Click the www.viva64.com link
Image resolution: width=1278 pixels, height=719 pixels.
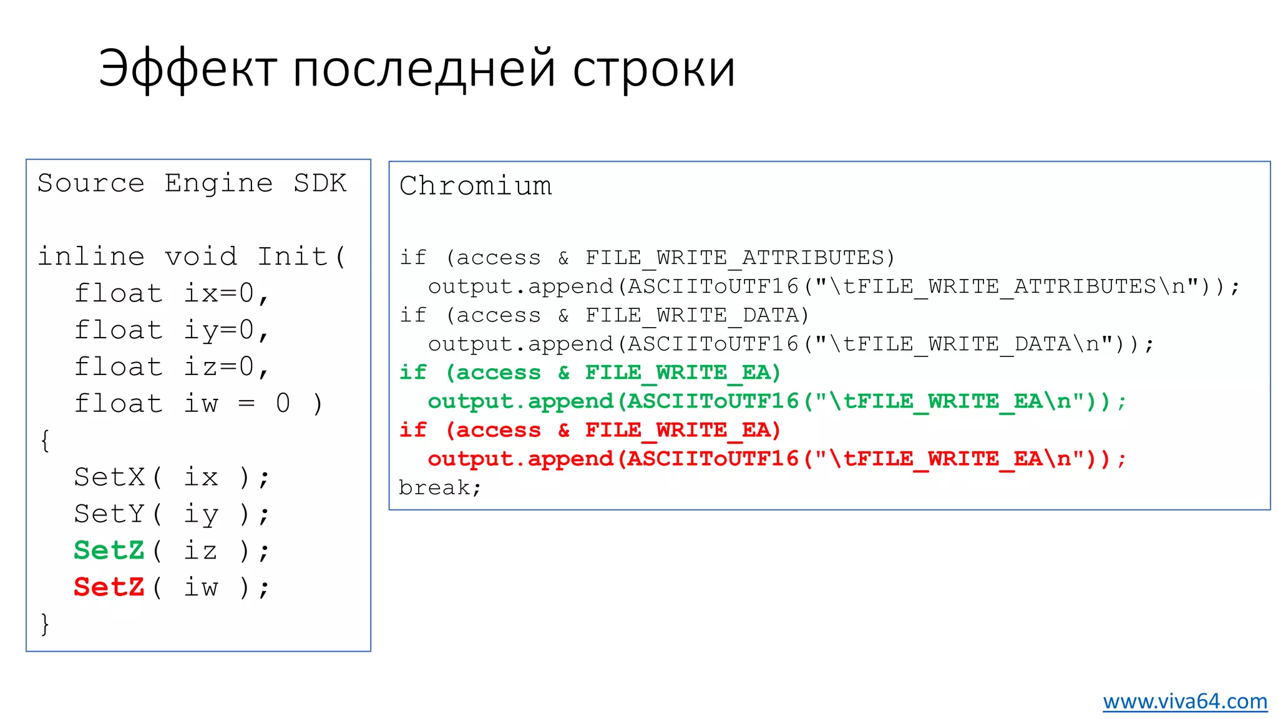point(1184,701)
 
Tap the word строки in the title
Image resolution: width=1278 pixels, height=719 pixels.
point(653,69)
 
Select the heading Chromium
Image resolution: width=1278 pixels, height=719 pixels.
point(476,186)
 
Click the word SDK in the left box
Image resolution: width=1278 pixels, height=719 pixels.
point(320,183)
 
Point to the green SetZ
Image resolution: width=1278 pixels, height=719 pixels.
point(109,550)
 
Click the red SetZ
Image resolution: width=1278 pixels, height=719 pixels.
point(109,587)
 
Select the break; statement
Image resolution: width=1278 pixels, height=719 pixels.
point(440,487)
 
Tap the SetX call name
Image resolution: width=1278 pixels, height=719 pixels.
point(109,477)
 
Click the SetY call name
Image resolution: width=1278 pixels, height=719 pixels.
point(109,514)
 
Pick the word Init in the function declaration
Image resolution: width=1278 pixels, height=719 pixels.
point(293,257)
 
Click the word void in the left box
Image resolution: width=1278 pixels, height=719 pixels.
point(201,257)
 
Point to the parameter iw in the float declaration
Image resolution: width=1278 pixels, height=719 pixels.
point(201,404)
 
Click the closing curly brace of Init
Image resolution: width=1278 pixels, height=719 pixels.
point(44,624)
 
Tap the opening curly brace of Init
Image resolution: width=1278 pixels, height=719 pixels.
point(44,441)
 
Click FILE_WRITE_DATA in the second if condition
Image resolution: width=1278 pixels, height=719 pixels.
point(692,315)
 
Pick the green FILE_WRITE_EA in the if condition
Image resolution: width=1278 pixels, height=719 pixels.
point(678,373)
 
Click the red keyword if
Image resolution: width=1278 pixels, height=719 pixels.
point(413,430)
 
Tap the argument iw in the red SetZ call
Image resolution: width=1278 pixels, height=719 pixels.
point(201,587)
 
